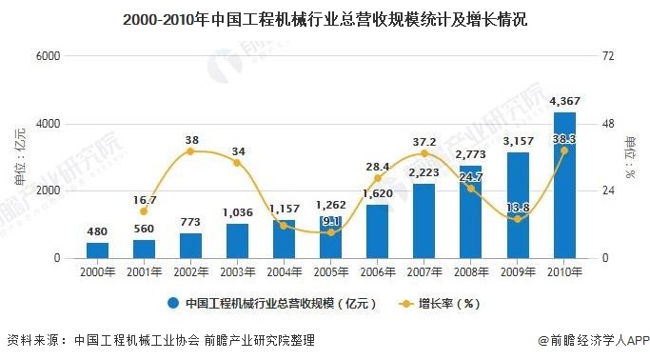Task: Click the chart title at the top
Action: (x=325, y=18)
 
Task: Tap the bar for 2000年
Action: (x=97, y=250)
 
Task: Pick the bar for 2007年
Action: (x=423, y=221)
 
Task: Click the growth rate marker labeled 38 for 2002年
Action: (x=190, y=151)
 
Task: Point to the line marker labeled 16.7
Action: (x=144, y=211)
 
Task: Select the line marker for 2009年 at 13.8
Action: (x=517, y=219)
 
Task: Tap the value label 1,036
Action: (x=237, y=212)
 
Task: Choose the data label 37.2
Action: (x=423, y=141)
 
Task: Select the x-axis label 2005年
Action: (x=330, y=272)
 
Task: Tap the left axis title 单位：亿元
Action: (x=21, y=157)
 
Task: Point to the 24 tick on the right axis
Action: (x=612, y=190)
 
